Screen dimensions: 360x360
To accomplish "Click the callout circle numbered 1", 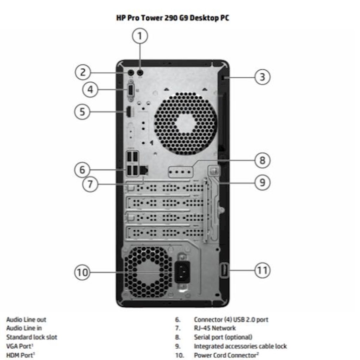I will (140, 36).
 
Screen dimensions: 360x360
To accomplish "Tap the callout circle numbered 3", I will (262, 77).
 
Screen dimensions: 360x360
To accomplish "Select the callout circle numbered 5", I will (82, 112).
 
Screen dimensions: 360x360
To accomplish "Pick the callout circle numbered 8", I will (262, 160).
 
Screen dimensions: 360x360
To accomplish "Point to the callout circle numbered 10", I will (82, 272).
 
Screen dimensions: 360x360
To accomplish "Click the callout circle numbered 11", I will (262, 270).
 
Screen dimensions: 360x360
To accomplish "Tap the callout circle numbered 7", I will (90, 184).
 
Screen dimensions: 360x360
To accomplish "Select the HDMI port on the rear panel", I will (129, 112).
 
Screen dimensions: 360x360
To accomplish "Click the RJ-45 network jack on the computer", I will (144, 170).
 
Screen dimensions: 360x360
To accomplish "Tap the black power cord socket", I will (182, 272).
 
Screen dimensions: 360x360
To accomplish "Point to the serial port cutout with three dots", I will (181, 172).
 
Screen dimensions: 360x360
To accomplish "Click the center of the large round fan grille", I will (185, 123).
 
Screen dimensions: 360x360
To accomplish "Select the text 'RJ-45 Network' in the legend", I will (215, 328).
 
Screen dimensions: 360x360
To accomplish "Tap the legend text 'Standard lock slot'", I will (32, 337).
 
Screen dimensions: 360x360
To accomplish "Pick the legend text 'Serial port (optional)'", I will (223, 337).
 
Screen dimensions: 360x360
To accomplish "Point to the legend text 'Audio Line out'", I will (26, 320).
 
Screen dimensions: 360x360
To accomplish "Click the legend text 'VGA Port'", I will (20, 346).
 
